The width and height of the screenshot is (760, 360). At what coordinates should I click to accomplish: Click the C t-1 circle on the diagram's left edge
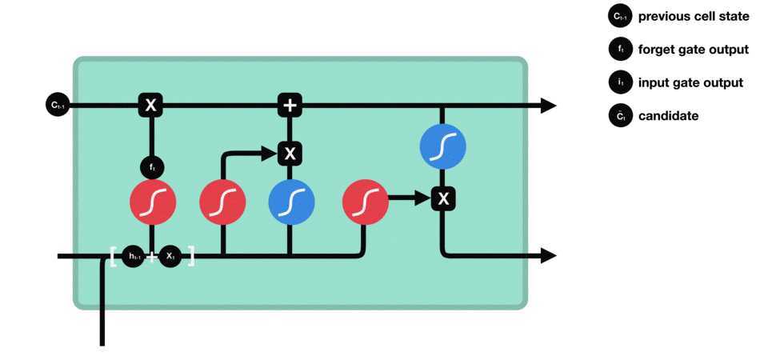[57, 104]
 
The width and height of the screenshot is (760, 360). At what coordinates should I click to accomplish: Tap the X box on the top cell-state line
[150, 104]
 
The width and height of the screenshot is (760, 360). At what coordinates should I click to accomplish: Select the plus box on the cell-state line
[290, 104]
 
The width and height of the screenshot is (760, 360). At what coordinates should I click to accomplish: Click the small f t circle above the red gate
[151, 167]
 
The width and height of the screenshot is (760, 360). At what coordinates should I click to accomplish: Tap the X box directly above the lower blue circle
[290, 152]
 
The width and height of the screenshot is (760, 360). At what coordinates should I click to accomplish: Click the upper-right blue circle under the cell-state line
[442, 146]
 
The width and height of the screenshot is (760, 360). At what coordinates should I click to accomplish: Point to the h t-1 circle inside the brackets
[134, 256]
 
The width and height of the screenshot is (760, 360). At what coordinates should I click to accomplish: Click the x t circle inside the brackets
[170, 256]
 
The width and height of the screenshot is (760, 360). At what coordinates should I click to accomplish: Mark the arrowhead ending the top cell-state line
[548, 105]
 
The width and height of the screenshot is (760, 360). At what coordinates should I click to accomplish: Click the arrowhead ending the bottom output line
[548, 256]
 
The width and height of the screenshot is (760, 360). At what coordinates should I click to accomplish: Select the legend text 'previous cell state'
[693, 16]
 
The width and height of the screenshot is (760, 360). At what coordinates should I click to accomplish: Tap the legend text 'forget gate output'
[693, 50]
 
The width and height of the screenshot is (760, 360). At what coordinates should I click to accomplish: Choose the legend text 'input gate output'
[690, 82]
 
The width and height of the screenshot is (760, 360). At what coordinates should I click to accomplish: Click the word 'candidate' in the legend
[668, 116]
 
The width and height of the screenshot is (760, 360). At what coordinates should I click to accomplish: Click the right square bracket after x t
[190, 257]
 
